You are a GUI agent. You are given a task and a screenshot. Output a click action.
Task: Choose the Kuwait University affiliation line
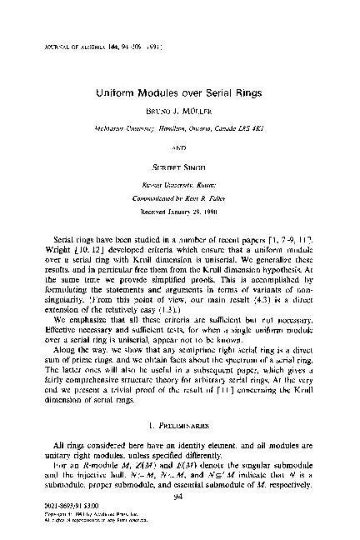pos(180,166)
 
